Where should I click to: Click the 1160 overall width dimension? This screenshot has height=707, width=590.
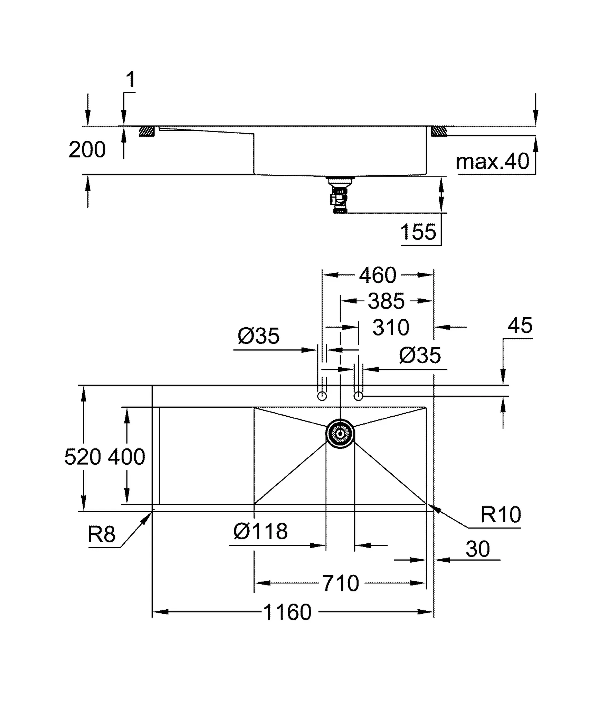coord(287,612)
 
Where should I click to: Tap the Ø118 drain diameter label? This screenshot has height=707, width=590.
coord(260,532)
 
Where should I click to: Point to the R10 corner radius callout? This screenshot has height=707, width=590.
coord(501,515)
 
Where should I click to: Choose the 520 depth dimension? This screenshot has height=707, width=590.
coord(83,457)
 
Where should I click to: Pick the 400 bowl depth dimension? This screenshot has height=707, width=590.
coord(127,457)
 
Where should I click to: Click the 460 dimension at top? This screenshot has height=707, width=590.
coord(378,275)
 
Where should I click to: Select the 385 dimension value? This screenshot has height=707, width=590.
coord(386,301)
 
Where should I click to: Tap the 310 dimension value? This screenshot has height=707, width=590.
coord(391,327)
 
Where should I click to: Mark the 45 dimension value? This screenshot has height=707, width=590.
coord(520,325)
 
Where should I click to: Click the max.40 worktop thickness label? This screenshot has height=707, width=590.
coord(493,161)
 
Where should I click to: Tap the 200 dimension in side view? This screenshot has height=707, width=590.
coord(87,150)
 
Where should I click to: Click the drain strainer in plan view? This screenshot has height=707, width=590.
coord(340,434)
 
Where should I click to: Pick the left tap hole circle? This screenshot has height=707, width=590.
coord(322,396)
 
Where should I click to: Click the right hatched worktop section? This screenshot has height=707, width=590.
coord(439,131)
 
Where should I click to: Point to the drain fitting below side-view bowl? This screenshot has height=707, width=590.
coord(340,195)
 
